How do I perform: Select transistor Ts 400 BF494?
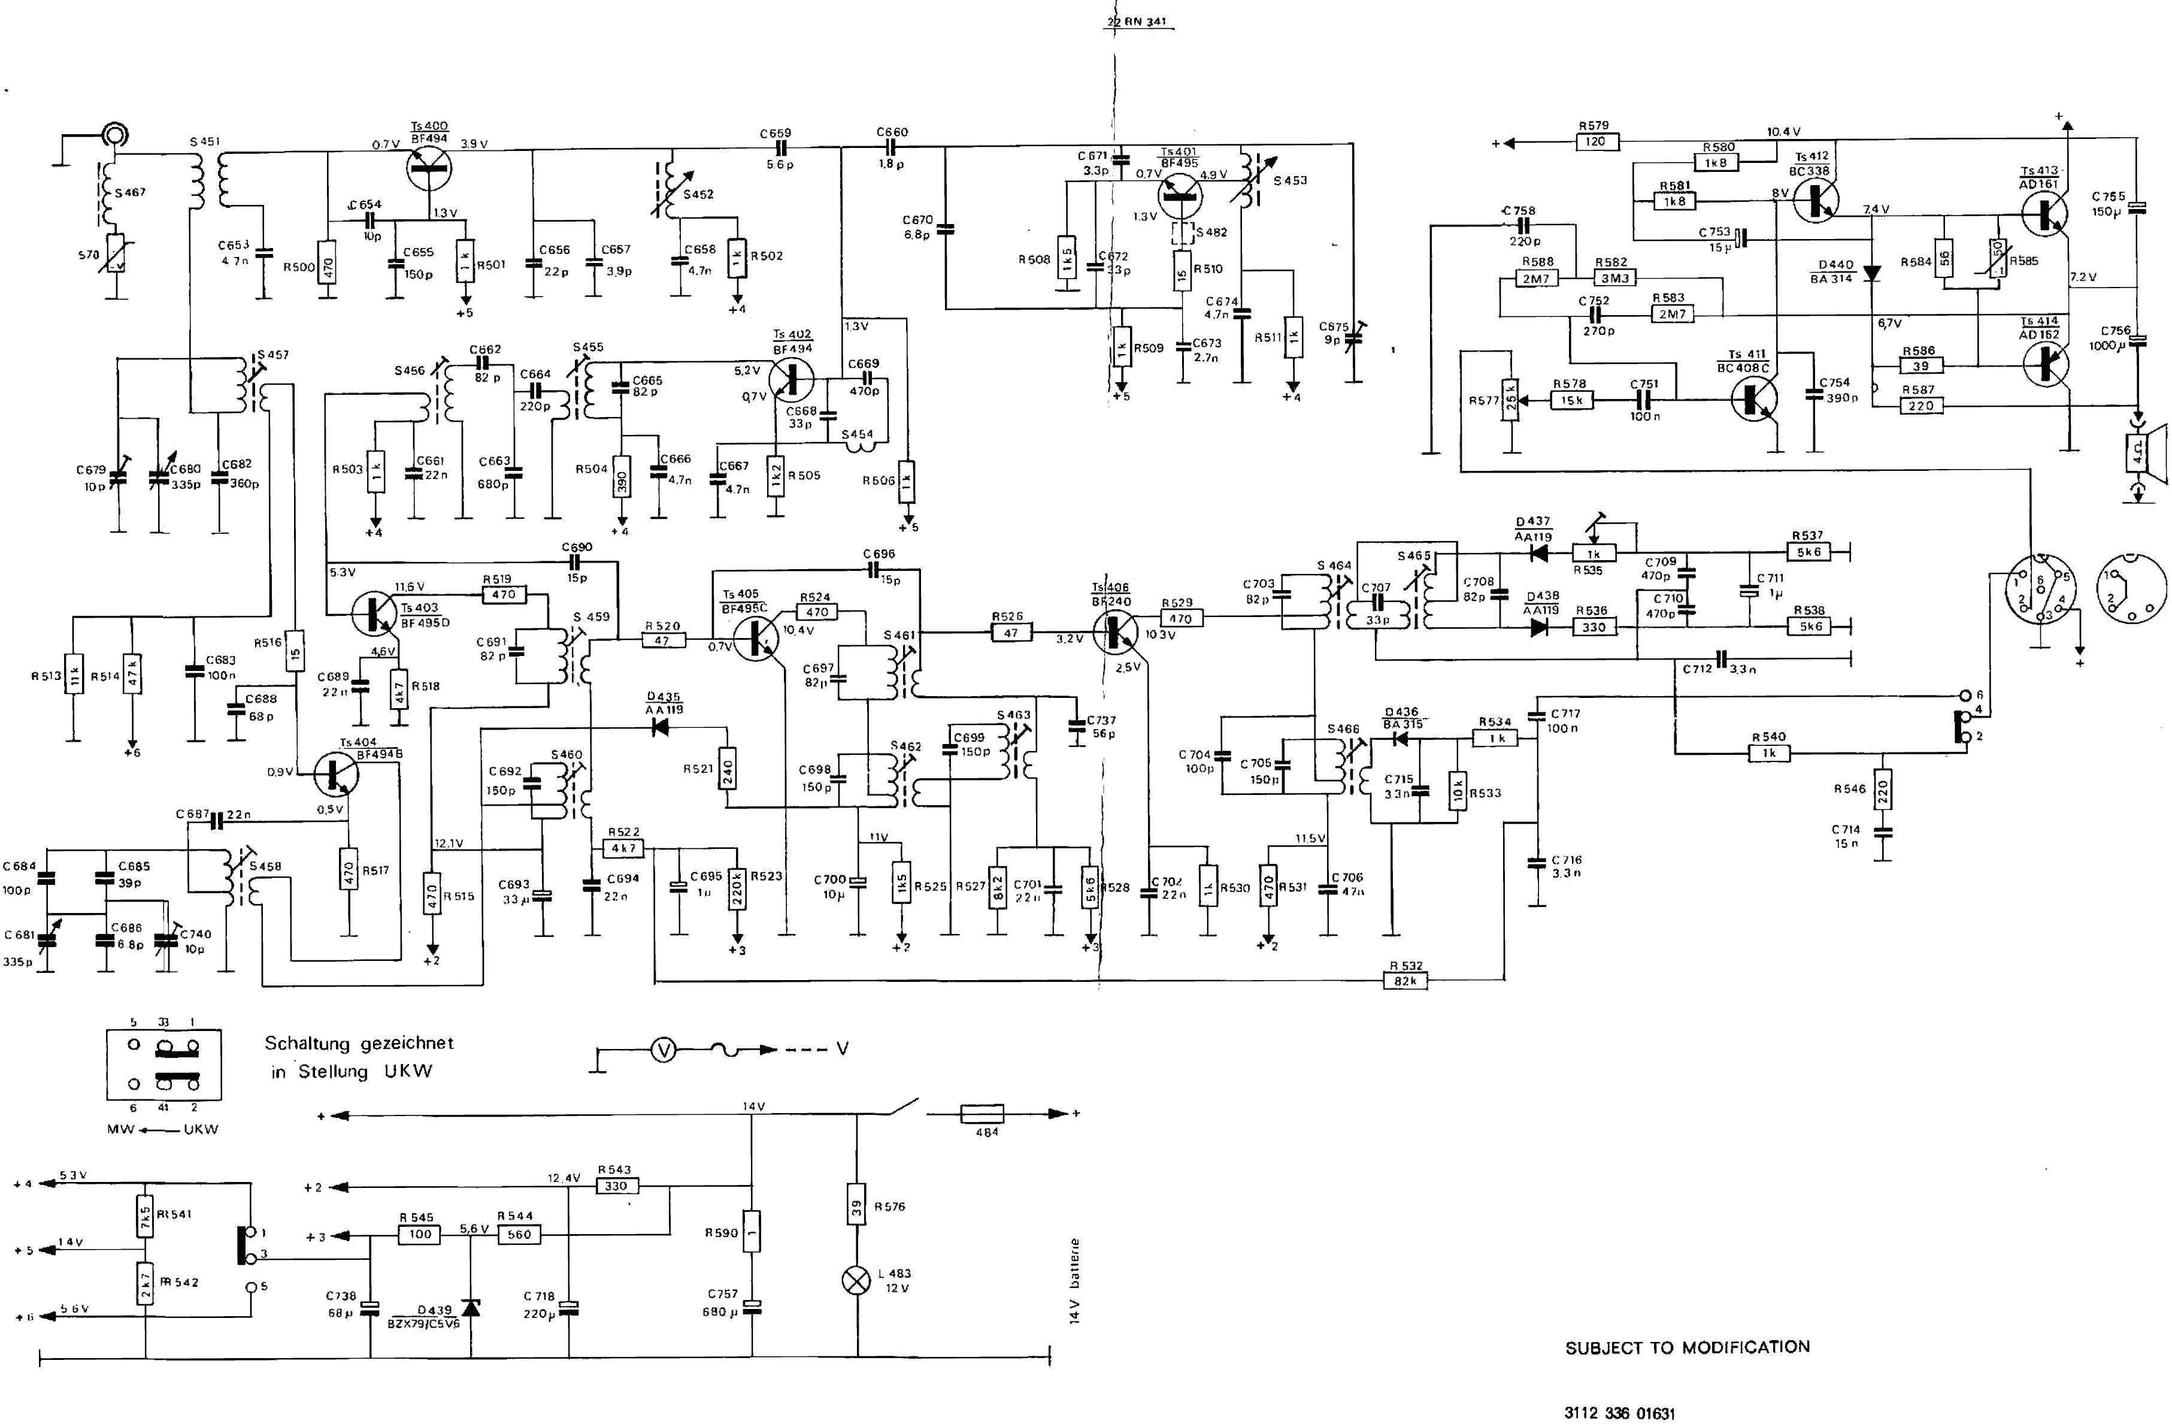click(428, 169)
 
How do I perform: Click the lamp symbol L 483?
click(856, 1280)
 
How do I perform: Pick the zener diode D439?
click(471, 1307)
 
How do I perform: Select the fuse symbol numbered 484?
click(983, 1114)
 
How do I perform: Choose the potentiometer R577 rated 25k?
click(1510, 401)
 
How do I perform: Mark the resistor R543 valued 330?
click(616, 1186)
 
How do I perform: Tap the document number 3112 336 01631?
click(1620, 1413)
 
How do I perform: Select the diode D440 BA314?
click(1872, 272)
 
